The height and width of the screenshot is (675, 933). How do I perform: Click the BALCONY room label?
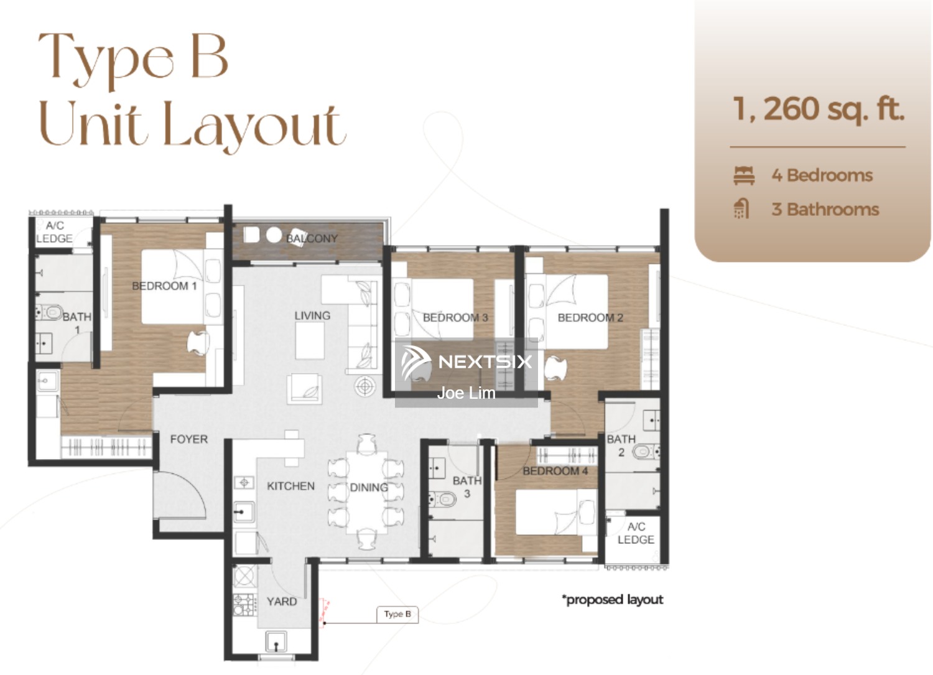312,239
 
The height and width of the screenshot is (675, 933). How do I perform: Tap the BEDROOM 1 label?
164,286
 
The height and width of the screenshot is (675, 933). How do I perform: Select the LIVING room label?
312,316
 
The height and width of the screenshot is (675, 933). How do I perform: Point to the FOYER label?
188,439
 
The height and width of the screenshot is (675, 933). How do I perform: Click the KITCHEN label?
290,486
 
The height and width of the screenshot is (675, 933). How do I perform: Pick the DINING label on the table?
369,488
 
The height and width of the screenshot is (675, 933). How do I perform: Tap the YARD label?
282,602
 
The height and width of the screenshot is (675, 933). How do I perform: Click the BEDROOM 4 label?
555,471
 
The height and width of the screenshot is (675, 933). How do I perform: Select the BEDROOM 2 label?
590,318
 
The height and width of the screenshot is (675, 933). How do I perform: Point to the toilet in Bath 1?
50,312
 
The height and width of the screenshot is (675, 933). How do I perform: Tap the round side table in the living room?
365,387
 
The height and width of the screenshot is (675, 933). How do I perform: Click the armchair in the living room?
305,389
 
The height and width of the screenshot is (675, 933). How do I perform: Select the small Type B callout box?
397,614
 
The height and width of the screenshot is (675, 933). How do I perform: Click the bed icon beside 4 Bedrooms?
744,175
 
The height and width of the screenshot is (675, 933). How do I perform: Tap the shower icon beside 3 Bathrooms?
741,209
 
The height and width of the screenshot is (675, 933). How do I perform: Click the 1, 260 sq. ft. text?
818,109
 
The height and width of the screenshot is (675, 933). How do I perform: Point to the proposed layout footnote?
612,600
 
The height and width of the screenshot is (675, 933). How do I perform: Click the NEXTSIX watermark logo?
466,362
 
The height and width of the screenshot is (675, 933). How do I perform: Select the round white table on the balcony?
274,235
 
